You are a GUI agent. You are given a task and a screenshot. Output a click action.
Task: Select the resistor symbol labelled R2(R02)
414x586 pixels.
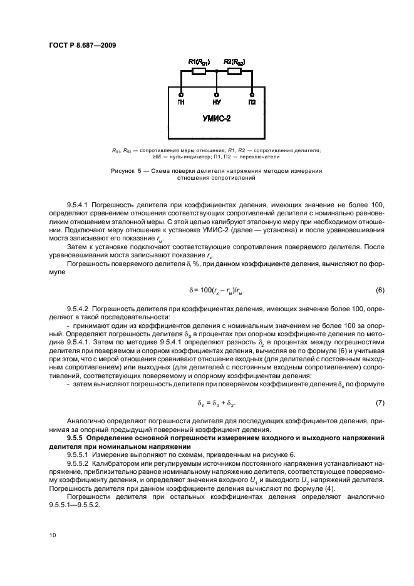[x=234, y=71]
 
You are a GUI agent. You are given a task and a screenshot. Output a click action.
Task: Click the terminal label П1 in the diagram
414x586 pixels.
[x=181, y=101]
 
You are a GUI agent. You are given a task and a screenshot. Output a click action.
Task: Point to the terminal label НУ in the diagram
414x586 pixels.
[x=217, y=101]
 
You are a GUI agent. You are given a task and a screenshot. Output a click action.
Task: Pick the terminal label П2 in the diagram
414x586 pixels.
[x=252, y=101]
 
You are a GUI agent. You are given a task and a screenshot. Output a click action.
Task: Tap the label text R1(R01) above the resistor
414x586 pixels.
[x=199, y=61]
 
